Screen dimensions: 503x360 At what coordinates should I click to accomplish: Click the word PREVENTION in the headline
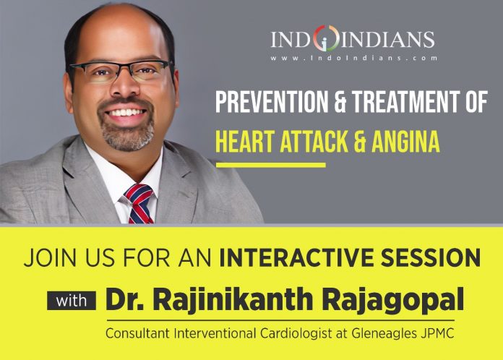272,101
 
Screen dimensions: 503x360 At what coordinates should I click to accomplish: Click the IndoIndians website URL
353,58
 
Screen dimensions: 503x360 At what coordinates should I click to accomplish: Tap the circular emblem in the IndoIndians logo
326,38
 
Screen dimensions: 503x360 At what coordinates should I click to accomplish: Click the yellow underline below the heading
271,166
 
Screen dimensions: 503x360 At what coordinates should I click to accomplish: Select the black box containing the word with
72,301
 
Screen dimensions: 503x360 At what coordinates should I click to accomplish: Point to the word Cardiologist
296,333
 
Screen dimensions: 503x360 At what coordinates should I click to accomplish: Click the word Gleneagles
384,333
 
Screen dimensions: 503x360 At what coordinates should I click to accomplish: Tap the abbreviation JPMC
437,333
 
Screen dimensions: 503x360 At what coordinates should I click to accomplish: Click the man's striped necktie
139,204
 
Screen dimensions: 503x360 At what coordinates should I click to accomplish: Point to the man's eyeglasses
120,71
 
